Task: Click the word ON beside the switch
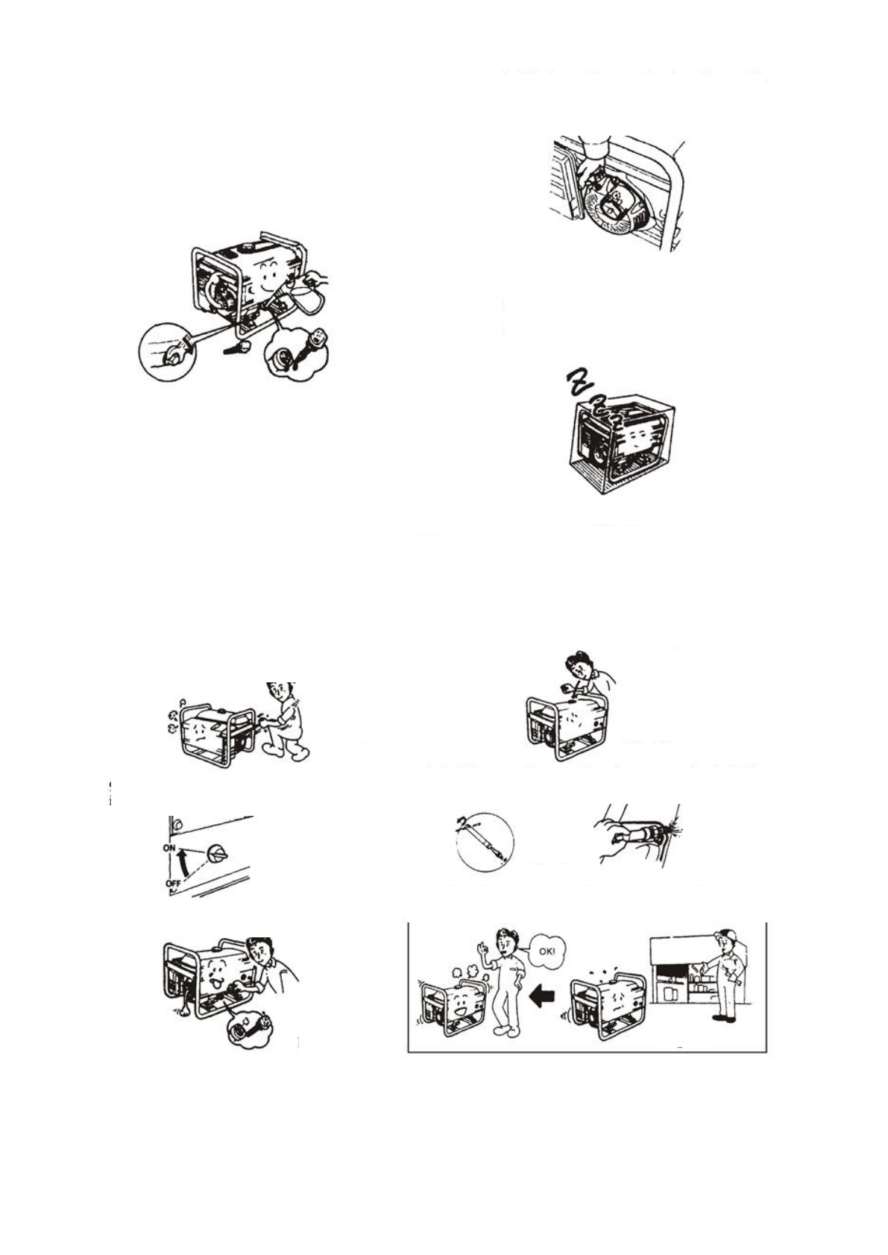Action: coord(169,849)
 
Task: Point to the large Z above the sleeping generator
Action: coord(578,382)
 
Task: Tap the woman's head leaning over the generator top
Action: coord(579,662)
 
